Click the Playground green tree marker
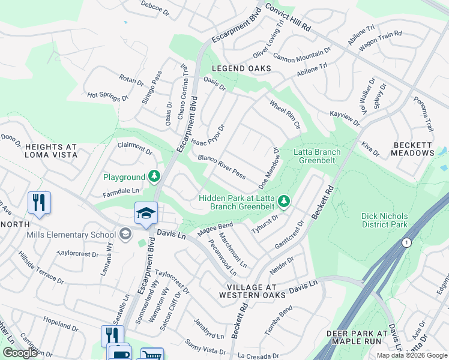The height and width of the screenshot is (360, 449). click(x=155, y=176)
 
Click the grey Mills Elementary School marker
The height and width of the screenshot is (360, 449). click(x=125, y=233)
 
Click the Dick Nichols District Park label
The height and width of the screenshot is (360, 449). click(x=385, y=220)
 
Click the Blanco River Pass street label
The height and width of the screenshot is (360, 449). click(x=221, y=167)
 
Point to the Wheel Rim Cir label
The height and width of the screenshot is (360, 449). click(x=285, y=115)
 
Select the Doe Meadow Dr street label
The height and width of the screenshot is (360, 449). click(x=270, y=167)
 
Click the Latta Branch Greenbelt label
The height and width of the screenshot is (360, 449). click(x=316, y=156)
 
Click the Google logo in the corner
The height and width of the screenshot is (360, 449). click(x=20, y=352)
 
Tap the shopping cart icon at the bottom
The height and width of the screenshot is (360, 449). click(x=152, y=355)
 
